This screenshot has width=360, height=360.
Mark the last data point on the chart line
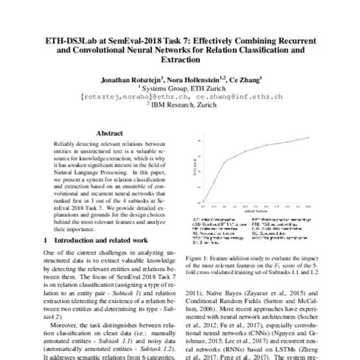tap(309, 137)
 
